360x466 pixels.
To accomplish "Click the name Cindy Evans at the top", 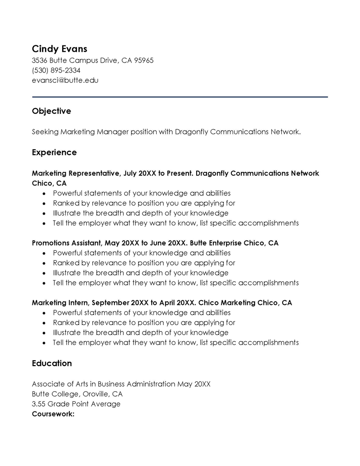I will tap(59, 49).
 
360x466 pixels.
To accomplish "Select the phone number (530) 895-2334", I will tap(56, 70).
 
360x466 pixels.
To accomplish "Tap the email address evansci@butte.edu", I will tap(65, 80).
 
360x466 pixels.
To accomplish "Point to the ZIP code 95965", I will tap(144, 60).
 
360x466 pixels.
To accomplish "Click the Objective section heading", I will tap(51, 111).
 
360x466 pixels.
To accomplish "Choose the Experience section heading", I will tap(54, 153).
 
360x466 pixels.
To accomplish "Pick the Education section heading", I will tap(52, 363).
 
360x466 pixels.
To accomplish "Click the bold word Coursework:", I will tap(53, 413).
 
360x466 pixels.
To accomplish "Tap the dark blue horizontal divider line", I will tap(180, 97).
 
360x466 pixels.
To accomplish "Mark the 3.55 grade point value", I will tap(39, 404).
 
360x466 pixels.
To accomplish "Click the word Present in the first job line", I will tap(180, 173).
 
